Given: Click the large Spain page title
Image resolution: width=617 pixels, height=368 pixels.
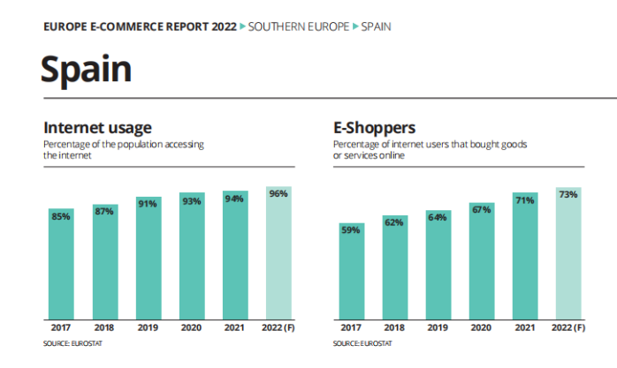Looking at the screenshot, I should pyautogui.click(x=86, y=69).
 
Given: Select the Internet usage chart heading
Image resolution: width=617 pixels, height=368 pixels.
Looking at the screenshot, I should pyautogui.click(x=97, y=129).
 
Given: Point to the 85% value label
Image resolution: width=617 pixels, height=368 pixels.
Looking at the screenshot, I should pyautogui.click(x=61, y=216).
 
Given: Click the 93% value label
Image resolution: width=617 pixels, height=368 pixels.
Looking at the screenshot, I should pyautogui.click(x=191, y=201).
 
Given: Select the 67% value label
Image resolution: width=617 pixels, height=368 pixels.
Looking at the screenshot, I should pyautogui.click(x=482, y=210).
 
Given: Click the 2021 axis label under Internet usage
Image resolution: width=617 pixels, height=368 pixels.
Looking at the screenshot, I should pyautogui.click(x=234, y=327).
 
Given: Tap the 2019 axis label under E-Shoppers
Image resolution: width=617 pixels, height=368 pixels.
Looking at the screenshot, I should pyautogui.click(x=438, y=327).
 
